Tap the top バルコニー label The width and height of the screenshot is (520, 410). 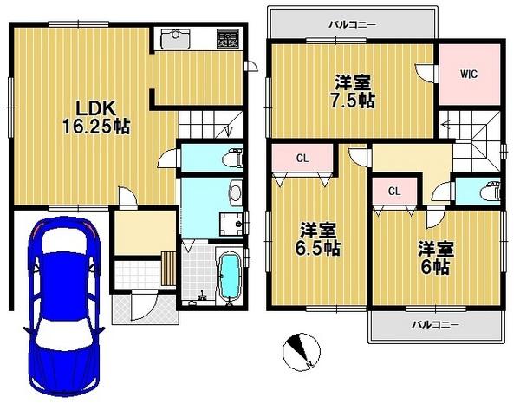coord(352,25)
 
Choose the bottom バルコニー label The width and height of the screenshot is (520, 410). coord(436,325)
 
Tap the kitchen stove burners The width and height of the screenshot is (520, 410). coord(229,40)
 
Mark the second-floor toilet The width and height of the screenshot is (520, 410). coord(493,192)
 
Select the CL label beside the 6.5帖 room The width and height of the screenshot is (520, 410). coord(302,159)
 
